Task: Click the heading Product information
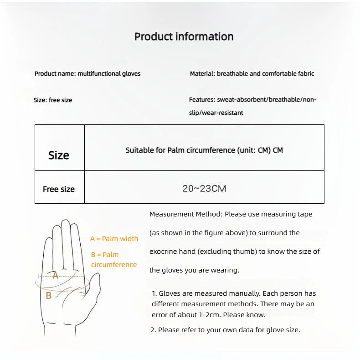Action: (x=184, y=37)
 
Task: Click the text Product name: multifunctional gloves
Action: (x=87, y=73)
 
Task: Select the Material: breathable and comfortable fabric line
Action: (x=252, y=73)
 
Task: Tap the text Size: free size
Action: (x=53, y=100)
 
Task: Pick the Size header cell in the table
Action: (x=59, y=155)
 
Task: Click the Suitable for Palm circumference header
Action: (x=204, y=150)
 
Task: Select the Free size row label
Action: (x=59, y=189)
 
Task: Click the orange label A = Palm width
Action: (x=114, y=239)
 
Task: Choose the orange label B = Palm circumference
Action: (x=113, y=260)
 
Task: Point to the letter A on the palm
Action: (x=55, y=275)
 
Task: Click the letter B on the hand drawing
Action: (x=49, y=295)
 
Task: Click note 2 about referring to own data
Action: (x=225, y=330)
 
